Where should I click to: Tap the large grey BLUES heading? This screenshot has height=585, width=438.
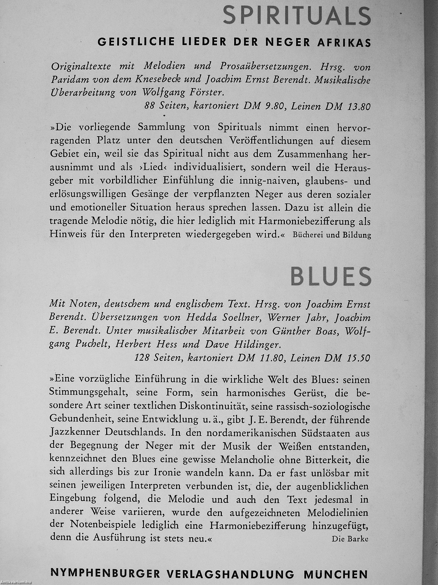331,276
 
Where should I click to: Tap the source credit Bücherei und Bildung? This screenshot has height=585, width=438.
332,235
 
